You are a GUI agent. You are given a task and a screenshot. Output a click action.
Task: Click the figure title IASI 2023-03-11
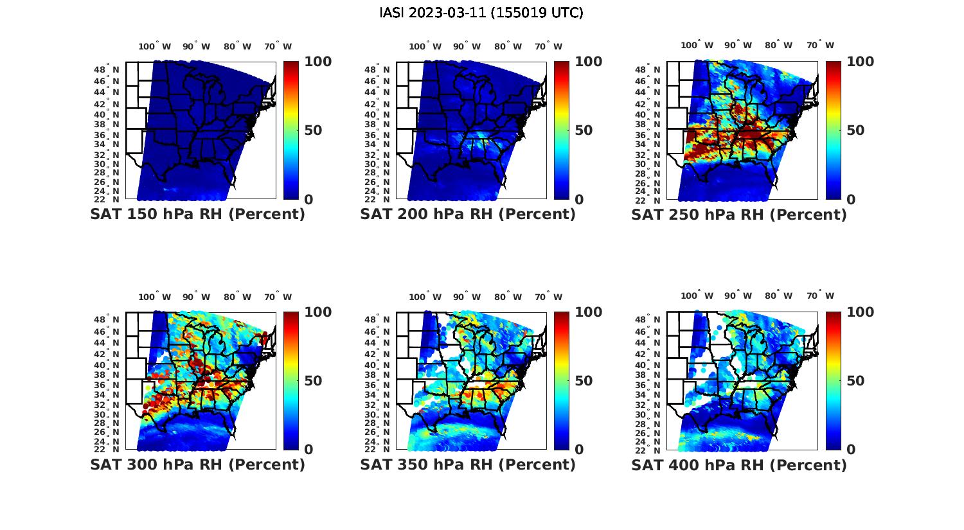[x=481, y=13]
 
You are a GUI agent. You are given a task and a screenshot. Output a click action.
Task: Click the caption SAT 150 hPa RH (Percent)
[x=197, y=215]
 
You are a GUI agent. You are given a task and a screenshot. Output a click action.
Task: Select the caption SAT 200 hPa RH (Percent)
[x=468, y=215]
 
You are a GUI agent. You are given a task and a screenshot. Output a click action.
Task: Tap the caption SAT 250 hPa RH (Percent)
[x=739, y=215]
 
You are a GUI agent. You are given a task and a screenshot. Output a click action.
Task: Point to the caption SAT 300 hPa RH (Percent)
[x=197, y=464]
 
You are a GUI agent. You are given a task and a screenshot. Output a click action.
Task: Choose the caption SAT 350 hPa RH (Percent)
[x=468, y=464]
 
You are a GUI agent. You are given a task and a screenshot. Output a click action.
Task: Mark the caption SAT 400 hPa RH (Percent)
[x=739, y=464]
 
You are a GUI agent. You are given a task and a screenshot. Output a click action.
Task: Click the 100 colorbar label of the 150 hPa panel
[x=318, y=62]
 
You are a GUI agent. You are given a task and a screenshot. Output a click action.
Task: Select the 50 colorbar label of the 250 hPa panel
[x=854, y=130]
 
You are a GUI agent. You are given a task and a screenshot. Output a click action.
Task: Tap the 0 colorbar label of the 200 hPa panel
[x=579, y=199]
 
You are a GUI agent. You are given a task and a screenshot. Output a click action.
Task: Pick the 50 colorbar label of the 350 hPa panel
[x=583, y=381]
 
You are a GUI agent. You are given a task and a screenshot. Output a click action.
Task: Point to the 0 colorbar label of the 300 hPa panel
[x=308, y=450]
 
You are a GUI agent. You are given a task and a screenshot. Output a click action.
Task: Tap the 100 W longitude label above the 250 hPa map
[x=697, y=46]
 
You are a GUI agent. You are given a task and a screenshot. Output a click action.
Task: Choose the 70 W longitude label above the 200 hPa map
[x=548, y=46]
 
